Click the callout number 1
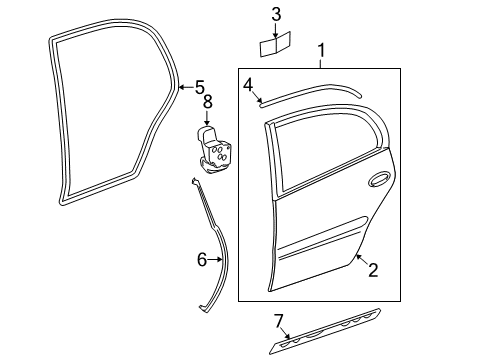(x=321, y=51)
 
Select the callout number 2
(x=372, y=268)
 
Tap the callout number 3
(x=277, y=13)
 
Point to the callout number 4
(x=247, y=85)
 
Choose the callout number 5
(x=199, y=86)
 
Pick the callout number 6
(x=201, y=259)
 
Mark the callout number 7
(x=279, y=320)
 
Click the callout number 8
(x=208, y=101)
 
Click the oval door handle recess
(x=379, y=181)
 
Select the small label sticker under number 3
(x=276, y=45)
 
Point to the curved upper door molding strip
(x=310, y=89)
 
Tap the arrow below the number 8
(x=208, y=116)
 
